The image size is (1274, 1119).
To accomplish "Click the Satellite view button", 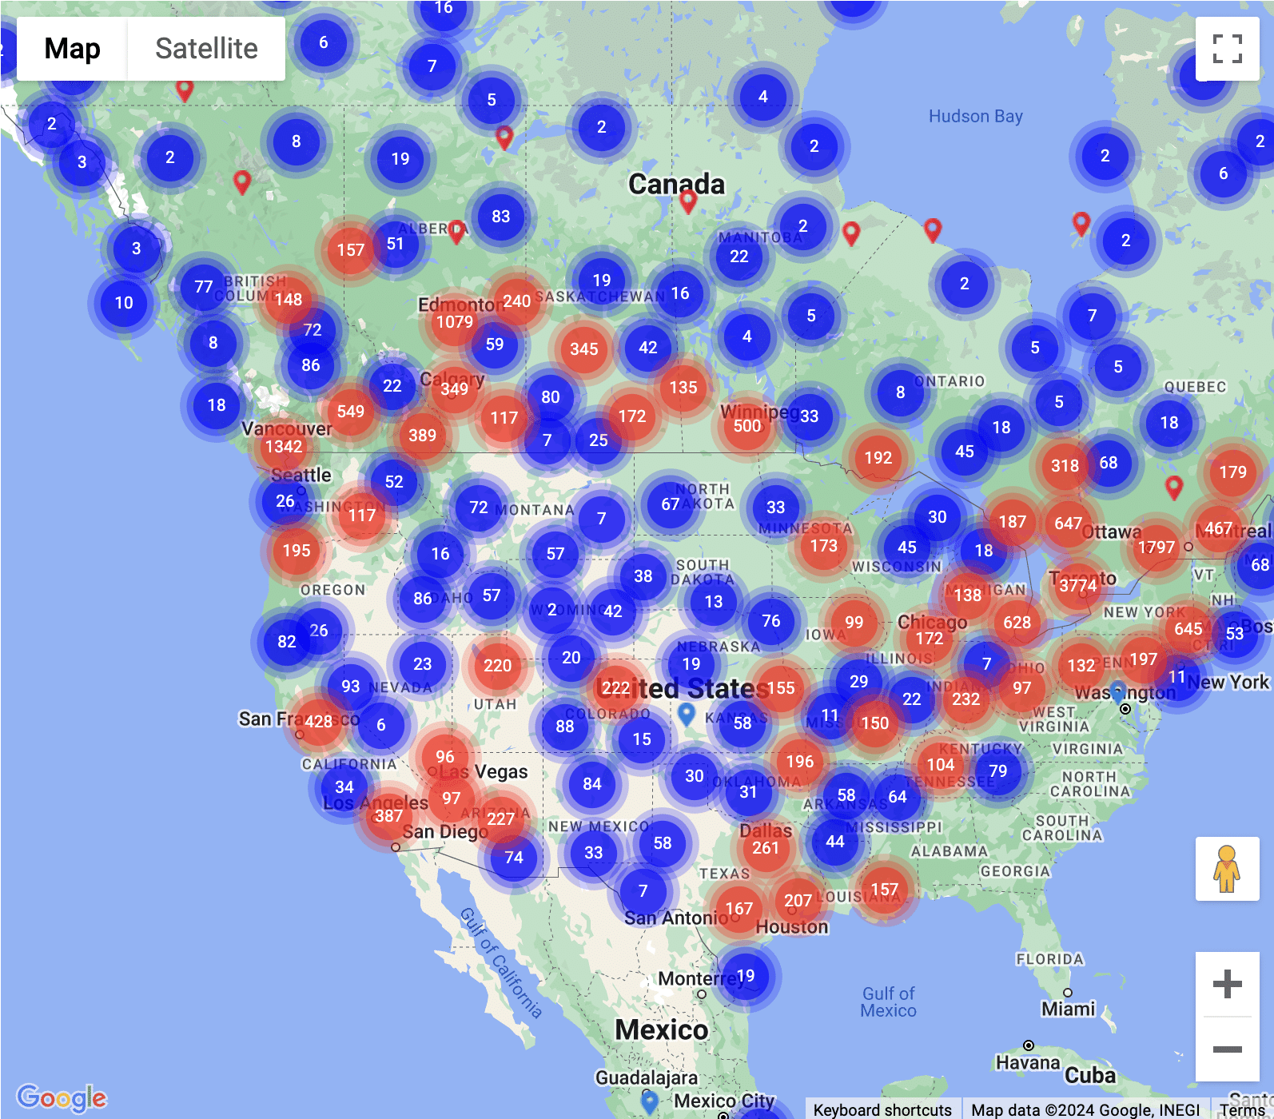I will (206, 49).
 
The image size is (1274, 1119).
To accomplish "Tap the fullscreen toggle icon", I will (1227, 49).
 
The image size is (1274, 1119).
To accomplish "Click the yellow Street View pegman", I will (1227, 869).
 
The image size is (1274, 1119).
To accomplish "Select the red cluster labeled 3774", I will (1077, 586).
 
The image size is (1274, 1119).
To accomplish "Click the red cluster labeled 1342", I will (284, 447).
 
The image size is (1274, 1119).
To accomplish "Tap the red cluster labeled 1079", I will (455, 322).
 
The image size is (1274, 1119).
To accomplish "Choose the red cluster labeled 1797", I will (1156, 548).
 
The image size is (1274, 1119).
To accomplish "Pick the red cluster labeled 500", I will (747, 426).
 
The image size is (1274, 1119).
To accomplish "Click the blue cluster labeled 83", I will (501, 217).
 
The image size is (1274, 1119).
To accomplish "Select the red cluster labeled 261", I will (765, 848).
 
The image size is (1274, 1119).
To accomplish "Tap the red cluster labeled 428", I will (318, 722).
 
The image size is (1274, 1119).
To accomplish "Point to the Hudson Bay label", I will (975, 117).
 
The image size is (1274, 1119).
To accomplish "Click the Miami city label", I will (1068, 1009).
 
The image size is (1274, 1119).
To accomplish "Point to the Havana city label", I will (1028, 1062).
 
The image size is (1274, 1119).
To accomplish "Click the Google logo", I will (62, 1097).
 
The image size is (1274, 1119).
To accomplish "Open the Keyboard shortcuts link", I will (882, 1109).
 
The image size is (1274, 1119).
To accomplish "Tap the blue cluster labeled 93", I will (350, 687).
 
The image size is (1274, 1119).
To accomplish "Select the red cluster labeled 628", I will (1017, 623).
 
